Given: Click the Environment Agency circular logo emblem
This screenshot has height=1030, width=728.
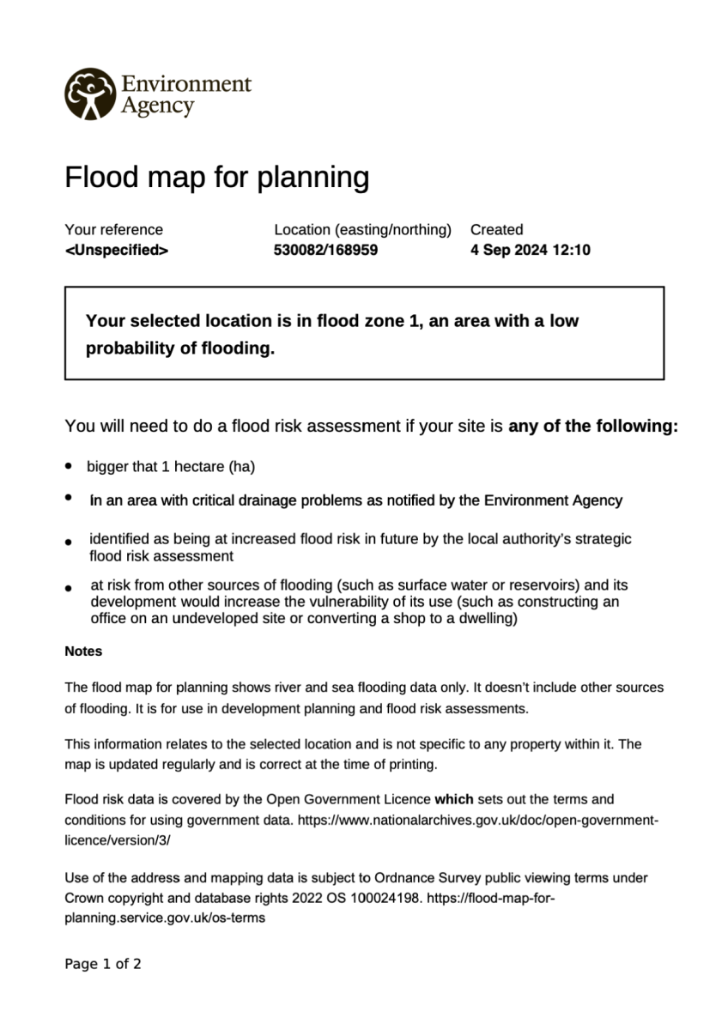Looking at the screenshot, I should pos(89,94).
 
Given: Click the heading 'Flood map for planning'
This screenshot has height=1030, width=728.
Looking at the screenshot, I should pos(216,178).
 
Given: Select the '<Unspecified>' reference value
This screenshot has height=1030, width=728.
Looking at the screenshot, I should pos(116,251).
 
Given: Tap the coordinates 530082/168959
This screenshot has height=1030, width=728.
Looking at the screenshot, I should pos(325,251).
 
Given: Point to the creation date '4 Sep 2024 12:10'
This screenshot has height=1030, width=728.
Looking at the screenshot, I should pos(530,251).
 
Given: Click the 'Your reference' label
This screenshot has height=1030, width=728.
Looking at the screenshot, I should pos(113,229).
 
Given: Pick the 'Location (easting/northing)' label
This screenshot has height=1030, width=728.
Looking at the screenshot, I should pos(362,229).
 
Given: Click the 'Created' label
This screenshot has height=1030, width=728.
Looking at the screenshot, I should pos(496,229).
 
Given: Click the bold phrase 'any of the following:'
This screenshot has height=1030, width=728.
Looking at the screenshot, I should pos(593,426).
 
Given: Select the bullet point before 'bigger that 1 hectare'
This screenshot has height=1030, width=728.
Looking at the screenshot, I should pos(68,466).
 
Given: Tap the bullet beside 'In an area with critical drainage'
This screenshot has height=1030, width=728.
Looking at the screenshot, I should pos(68,498).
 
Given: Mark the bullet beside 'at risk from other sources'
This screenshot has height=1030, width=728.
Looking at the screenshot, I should pos(68,588).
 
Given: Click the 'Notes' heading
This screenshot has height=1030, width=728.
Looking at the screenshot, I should pos(83,651).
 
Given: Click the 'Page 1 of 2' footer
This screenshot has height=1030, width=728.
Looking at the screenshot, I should pos(103,964).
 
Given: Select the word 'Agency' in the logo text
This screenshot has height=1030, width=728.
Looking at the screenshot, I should pos(157,106).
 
